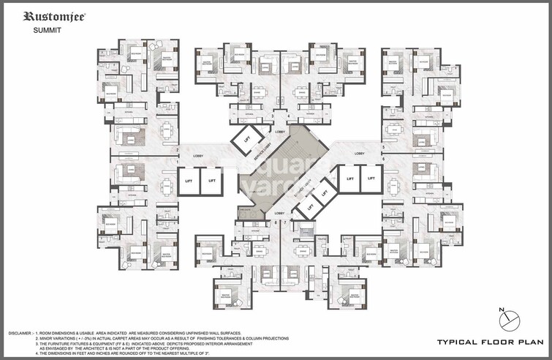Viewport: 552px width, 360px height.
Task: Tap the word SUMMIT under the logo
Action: [47, 31]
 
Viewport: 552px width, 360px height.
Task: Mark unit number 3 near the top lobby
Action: [272, 116]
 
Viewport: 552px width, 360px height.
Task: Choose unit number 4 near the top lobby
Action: [288, 116]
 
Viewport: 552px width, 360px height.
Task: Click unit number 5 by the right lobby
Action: [382, 148]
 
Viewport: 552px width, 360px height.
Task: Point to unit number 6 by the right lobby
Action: [382, 157]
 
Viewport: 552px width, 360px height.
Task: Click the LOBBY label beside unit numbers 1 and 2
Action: [198, 156]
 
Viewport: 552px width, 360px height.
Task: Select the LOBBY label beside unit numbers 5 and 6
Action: [359, 153]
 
